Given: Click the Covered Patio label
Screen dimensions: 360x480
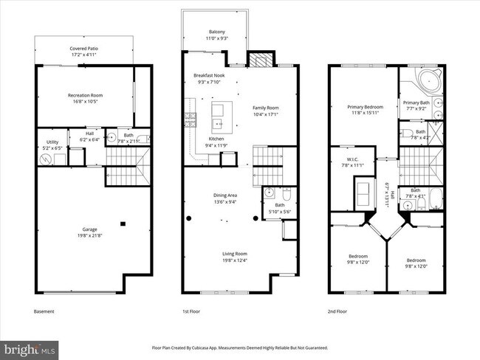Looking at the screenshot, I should click(84, 51).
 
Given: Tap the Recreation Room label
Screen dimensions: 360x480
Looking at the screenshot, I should click(84, 97).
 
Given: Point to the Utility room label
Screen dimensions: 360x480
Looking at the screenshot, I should click(52, 144).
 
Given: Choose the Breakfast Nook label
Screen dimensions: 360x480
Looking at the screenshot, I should click(209, 79).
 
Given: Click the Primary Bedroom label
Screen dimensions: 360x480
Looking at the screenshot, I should click(365, 109).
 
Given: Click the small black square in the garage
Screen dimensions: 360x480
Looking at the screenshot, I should click(123, 224).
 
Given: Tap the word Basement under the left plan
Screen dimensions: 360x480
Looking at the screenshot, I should click(44, 311).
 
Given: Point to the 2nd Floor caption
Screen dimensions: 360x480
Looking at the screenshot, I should click(337, 311).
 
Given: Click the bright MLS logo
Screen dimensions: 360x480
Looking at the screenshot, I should click(30, 347).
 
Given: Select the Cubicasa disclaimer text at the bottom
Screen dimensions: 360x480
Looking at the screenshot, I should click(240, 346).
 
